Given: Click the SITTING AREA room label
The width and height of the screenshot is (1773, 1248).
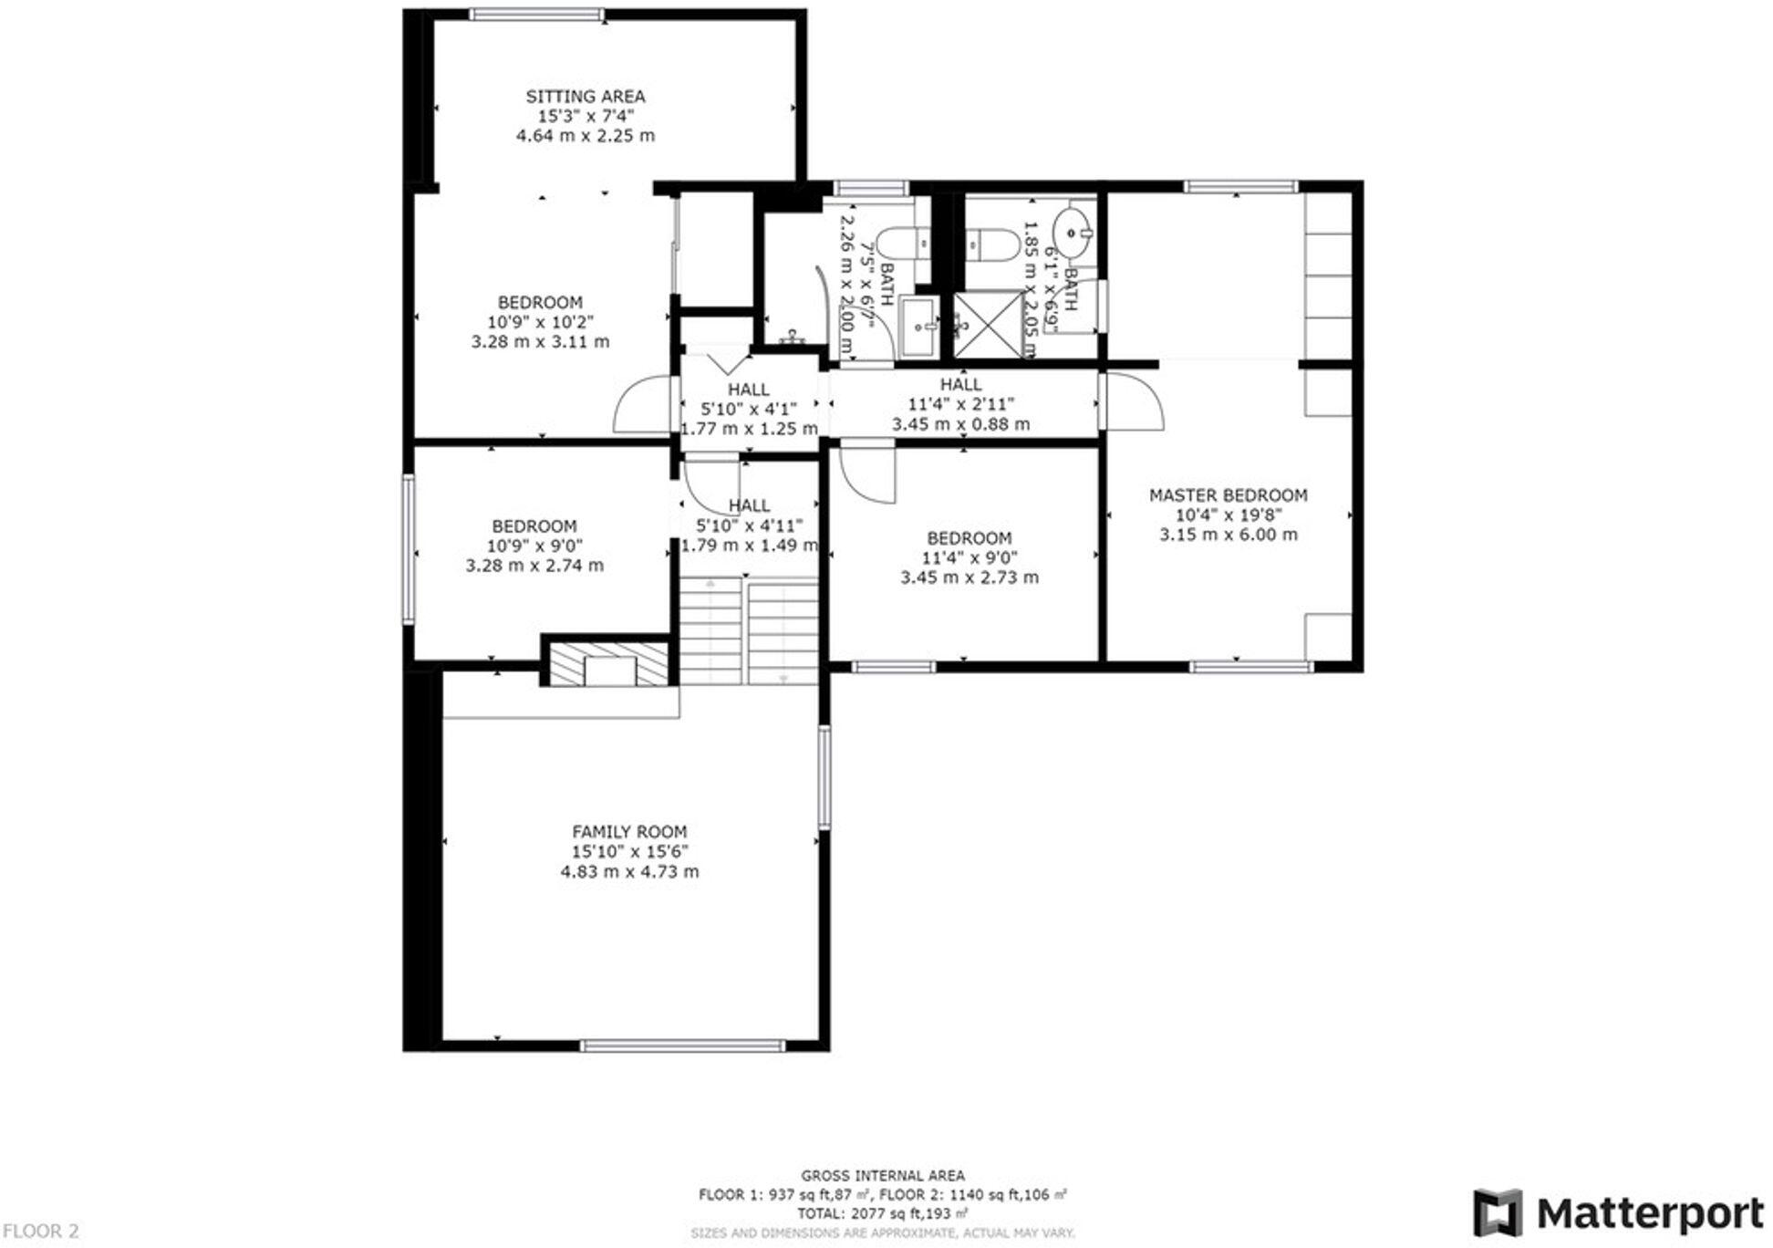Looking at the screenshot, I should click(x=585, y=96).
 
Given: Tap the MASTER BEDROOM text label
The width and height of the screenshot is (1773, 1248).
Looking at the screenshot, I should click(x=1228, y=495).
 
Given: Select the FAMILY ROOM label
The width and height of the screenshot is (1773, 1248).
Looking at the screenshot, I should click(x=629, y=832).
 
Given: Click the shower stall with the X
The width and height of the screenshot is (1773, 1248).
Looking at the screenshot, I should click(x=988, y=325).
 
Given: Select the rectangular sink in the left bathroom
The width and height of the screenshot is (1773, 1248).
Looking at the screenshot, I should click(x=918, y=326).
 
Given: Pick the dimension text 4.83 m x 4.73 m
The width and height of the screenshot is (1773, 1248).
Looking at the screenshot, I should click(x=629, y=872).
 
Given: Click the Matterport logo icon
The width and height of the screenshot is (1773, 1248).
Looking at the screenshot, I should click(x=1497, y=1213).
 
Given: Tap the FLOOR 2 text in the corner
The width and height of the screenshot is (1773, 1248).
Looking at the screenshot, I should click(x=40, y=1232).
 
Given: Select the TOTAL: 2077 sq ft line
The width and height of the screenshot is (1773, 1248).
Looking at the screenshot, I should click(x=882, y=1214).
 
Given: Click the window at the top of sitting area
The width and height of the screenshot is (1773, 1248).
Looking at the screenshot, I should click(x=536, y=15).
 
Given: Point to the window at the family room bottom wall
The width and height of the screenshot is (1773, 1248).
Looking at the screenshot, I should click(x=682, y=1045).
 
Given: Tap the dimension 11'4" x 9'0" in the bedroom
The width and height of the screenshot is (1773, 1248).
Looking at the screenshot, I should click(x=969, y=558).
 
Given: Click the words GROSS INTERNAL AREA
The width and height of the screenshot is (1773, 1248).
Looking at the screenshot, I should click(x=882, y=1176).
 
